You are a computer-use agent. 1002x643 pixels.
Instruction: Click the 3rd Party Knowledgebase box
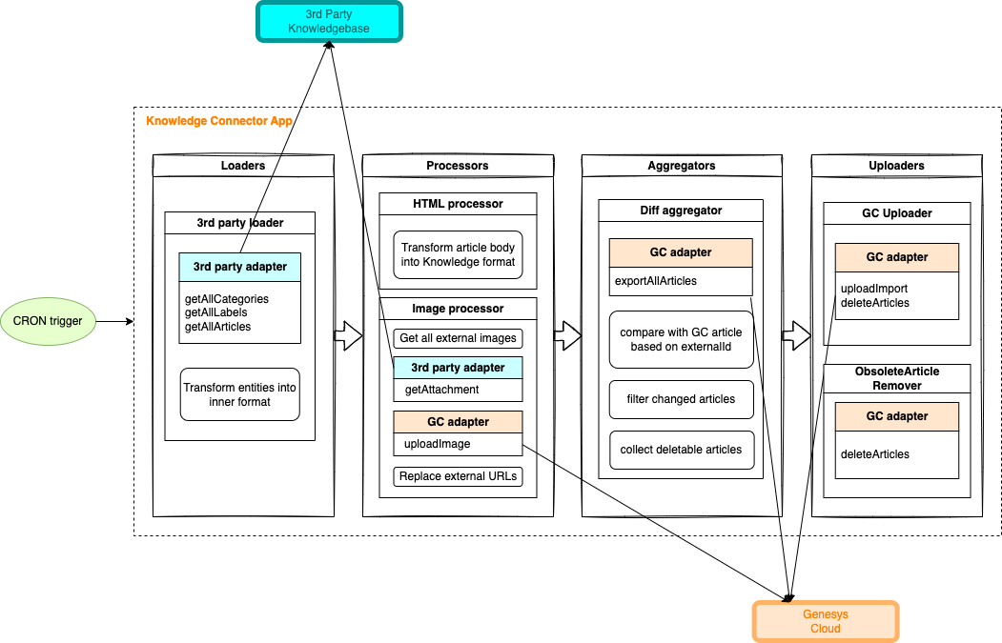(329, 21)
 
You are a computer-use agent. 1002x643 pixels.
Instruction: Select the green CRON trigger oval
(49, 321)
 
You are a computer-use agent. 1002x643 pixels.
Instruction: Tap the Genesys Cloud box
(825, 621)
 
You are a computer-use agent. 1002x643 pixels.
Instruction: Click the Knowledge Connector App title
(218, 121)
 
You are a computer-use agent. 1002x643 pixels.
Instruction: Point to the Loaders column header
(243, 166)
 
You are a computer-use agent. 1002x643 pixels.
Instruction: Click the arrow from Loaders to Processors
(348, 335)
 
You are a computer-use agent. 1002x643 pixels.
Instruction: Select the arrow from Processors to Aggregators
(567, 335)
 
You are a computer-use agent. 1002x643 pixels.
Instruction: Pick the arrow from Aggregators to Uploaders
(796, 335)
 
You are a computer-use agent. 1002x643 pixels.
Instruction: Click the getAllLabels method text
(216, 312)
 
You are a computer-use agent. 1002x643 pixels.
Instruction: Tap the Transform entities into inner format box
(239, 394)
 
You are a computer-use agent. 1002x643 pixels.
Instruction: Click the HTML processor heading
(458, 204)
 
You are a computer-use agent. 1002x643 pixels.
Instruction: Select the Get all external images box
(458, 338)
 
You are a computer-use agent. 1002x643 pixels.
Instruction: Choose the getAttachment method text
(441, 390)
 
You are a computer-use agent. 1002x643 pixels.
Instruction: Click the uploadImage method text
(438, 444)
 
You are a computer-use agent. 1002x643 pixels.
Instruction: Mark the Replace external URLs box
(458, 476)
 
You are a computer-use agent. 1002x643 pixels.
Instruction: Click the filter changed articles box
(681, 399)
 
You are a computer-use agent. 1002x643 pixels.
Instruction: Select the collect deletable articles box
(681, 450)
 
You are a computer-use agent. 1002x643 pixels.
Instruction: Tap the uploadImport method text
(874, 289)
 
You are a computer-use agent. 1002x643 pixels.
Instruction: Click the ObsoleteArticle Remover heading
(896, 378)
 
